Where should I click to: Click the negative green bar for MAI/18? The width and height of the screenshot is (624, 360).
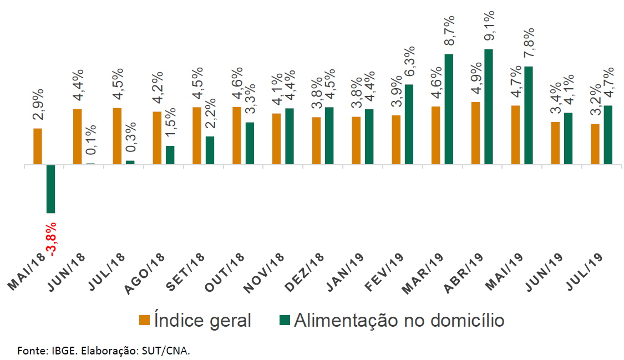tap(50, 189)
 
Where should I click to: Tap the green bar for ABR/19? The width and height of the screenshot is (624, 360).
tap(489, 107)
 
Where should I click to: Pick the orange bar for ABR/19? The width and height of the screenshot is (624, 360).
tap(475, 133)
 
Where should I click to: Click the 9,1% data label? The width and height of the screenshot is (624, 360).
tap(490, 26)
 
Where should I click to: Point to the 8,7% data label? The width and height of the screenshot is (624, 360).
tap(450, 31)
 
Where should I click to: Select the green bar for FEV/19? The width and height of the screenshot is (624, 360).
tap(409, 124)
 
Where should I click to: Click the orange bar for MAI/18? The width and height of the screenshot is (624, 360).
tap(38, 146)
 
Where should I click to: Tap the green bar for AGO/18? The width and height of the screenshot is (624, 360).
tap(170, 155)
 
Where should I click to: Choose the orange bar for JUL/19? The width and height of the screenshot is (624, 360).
tap(595, 144)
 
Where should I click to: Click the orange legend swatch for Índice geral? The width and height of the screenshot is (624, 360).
tap(144, 320)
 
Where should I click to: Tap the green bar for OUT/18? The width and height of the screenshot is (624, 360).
tap(250, 143)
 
